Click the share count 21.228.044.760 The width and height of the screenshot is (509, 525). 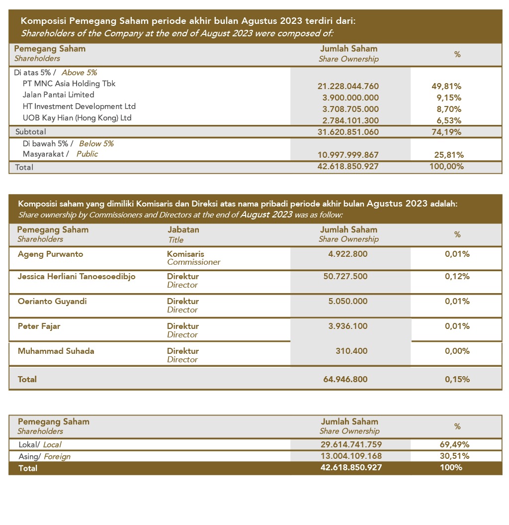coord(348,87)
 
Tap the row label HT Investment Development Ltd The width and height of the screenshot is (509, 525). coord(79,106)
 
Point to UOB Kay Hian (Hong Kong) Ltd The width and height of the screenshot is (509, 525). coord(77,118)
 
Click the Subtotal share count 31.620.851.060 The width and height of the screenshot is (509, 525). coord(348,132)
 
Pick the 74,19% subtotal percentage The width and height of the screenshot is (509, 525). coord(446,132)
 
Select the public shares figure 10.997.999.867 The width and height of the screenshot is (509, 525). coord(348,155)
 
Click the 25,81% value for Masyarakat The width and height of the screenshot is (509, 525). coord(449,155)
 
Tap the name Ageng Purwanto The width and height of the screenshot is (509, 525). coord(50,254)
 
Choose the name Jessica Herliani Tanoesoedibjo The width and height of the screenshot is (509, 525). coord(77,277)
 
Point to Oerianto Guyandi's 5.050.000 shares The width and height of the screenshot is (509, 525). coord(348,302)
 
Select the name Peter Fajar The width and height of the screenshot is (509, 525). coord(39,326)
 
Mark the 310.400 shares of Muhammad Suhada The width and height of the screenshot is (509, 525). coord(351,351)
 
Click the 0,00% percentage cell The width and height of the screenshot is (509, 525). coord(457,351)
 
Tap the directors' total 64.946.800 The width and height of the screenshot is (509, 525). coord(348,379)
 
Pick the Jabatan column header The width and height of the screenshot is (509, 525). coord(183,230)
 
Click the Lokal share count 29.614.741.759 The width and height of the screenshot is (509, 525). coord(351,444)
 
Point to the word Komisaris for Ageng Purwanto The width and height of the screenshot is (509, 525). coord(185,254)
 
